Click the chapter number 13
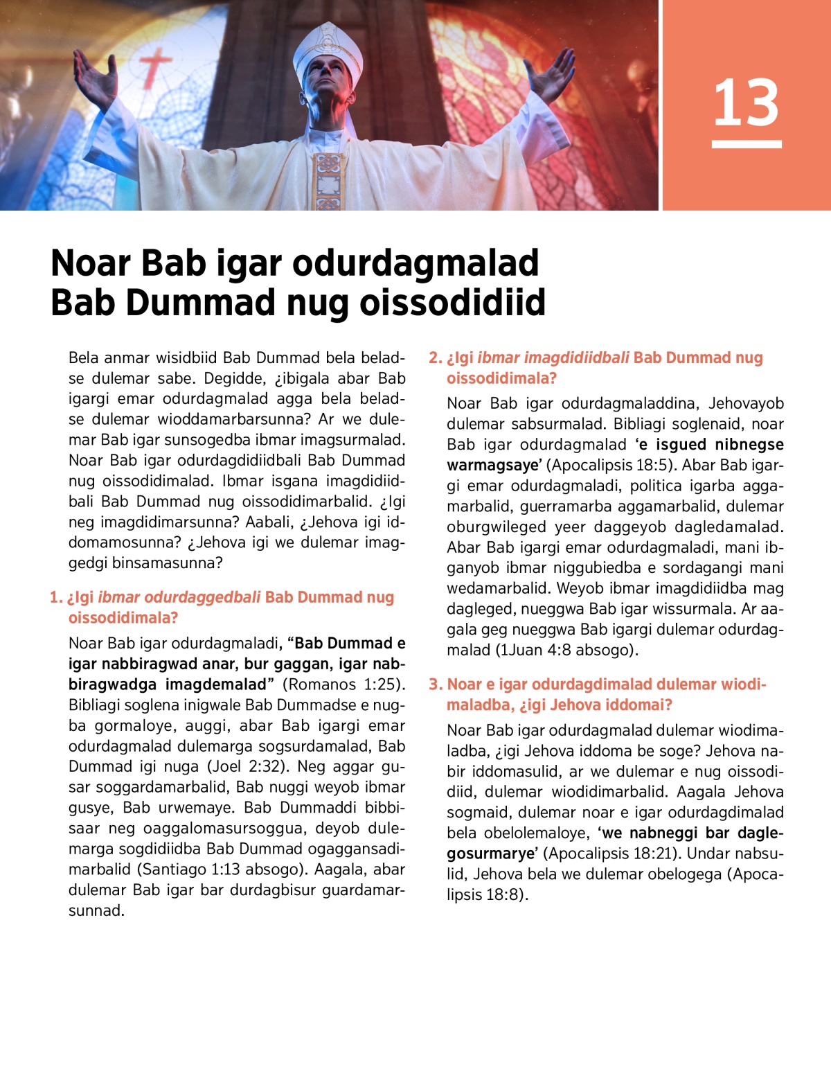[746, 103]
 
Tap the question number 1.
[55, 597]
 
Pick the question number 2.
[434, 357]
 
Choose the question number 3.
[434, 684]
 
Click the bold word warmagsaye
[492, 465]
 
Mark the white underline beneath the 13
[746, 144]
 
